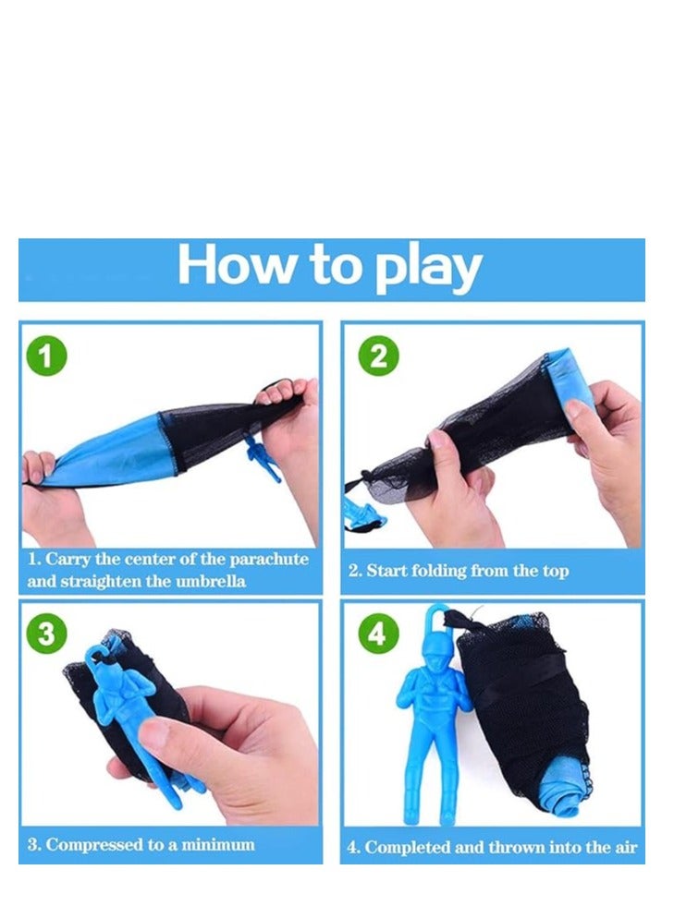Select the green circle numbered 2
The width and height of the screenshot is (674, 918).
tap(377, 356)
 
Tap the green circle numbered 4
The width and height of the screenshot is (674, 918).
tap(377, 634)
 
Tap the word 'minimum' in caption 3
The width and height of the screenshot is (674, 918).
tap(219, 844)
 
